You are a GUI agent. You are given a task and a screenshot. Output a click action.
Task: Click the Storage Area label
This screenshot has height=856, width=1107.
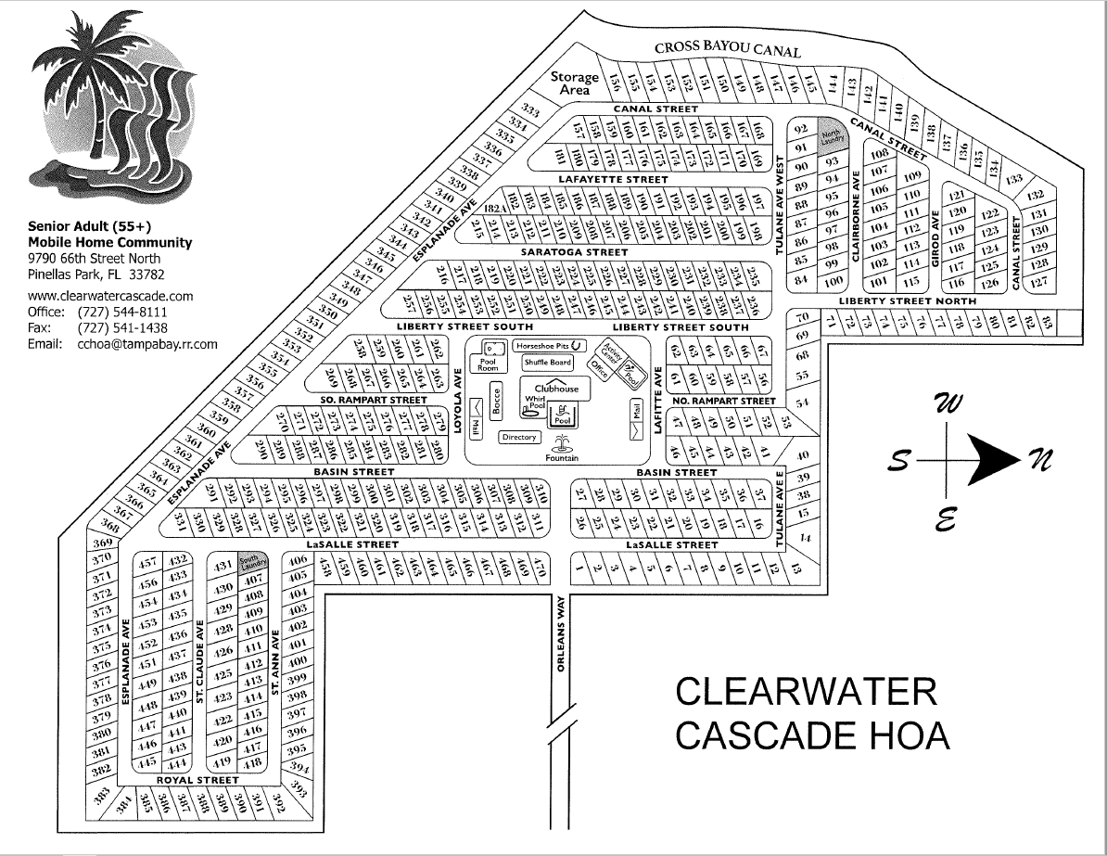click(x=575, y=83)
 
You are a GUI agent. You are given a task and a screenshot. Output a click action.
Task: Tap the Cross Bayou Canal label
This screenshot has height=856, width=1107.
click(x=726, y=49)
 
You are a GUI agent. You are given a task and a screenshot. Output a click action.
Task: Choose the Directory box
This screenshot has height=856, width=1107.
click(x=519, y=437)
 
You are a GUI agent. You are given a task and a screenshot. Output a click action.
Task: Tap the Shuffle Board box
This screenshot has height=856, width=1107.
click(x=547, y=363)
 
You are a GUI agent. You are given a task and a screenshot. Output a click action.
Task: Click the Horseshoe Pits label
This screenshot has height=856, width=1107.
click(x=543, y=344)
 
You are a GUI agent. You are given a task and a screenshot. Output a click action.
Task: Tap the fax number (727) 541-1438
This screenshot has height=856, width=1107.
click(x=123, y=327)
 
